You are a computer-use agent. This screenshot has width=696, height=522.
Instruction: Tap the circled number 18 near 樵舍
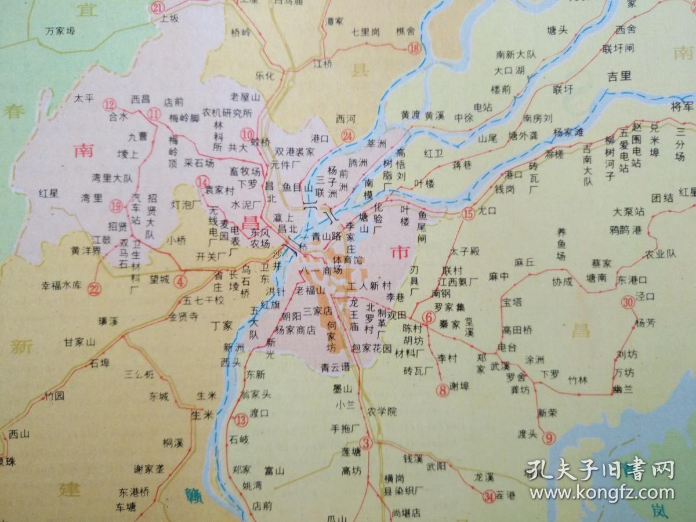pos(414,48)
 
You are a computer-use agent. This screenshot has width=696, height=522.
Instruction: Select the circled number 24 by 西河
pos(347,136)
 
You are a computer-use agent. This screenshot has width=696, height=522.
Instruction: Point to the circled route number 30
pos(627,302)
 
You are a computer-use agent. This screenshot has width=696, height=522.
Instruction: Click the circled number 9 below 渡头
pos(549,438)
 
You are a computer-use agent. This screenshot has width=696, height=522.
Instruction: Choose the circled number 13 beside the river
pos(241,419)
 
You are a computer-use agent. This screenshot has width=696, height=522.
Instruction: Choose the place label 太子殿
pos(465,251)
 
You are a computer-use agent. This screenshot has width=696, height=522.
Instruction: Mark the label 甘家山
pos(79,342)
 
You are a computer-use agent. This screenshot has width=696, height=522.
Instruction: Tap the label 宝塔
pos(513,302)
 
